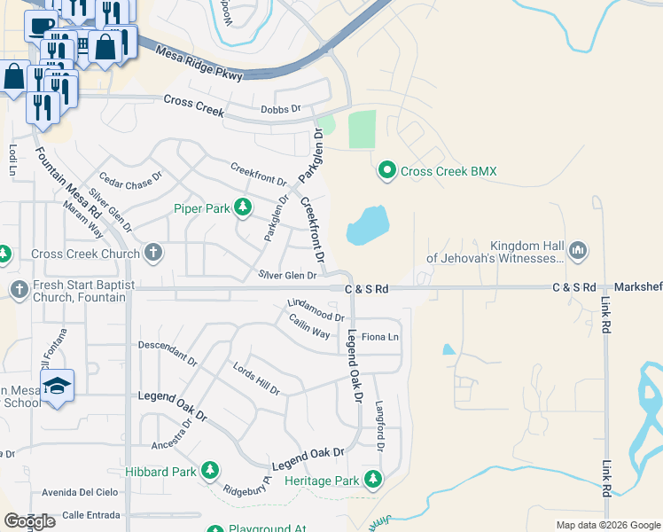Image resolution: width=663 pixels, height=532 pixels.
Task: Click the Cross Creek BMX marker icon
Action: (x=386, y=170)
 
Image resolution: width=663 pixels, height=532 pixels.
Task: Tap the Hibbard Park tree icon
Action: (x=210, y=471)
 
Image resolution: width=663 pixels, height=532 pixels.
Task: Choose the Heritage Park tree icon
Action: (x=373, y=481)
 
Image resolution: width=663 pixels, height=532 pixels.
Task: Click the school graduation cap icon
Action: (x=57, y=386)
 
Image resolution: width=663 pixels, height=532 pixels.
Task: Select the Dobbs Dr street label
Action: (x=282, y=110)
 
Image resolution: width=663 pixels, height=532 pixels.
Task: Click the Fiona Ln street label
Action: (x=380, y=337)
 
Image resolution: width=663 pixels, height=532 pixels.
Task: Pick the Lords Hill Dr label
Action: (x=256, y=379)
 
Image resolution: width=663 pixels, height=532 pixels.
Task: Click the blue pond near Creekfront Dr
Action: (x=368, y=225)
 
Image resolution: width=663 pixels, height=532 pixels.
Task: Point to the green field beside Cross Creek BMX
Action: (x=362, y=129)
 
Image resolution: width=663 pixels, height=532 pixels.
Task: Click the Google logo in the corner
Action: (x=29, y=520)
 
